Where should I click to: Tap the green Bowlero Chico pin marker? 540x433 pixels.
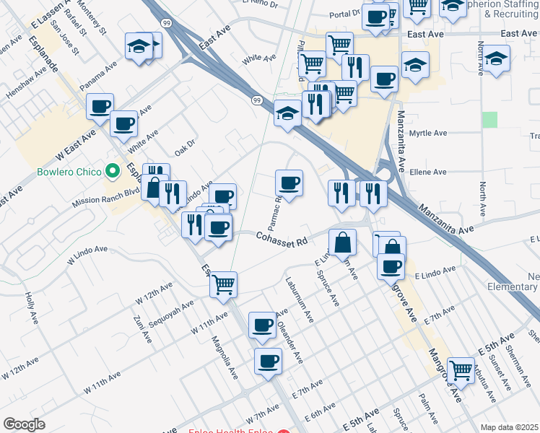pos(112,172)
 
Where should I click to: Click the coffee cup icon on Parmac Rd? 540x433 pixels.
pos(289,183)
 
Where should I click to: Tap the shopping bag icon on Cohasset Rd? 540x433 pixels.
pos(342,242)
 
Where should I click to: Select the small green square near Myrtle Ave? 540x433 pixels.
pos(490,120)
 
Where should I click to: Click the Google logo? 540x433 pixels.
pos(25,424)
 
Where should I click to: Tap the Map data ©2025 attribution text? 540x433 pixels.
pos(510,427)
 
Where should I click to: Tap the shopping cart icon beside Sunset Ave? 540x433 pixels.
pos(461,369)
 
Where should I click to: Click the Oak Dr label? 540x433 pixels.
pos(185,147)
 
